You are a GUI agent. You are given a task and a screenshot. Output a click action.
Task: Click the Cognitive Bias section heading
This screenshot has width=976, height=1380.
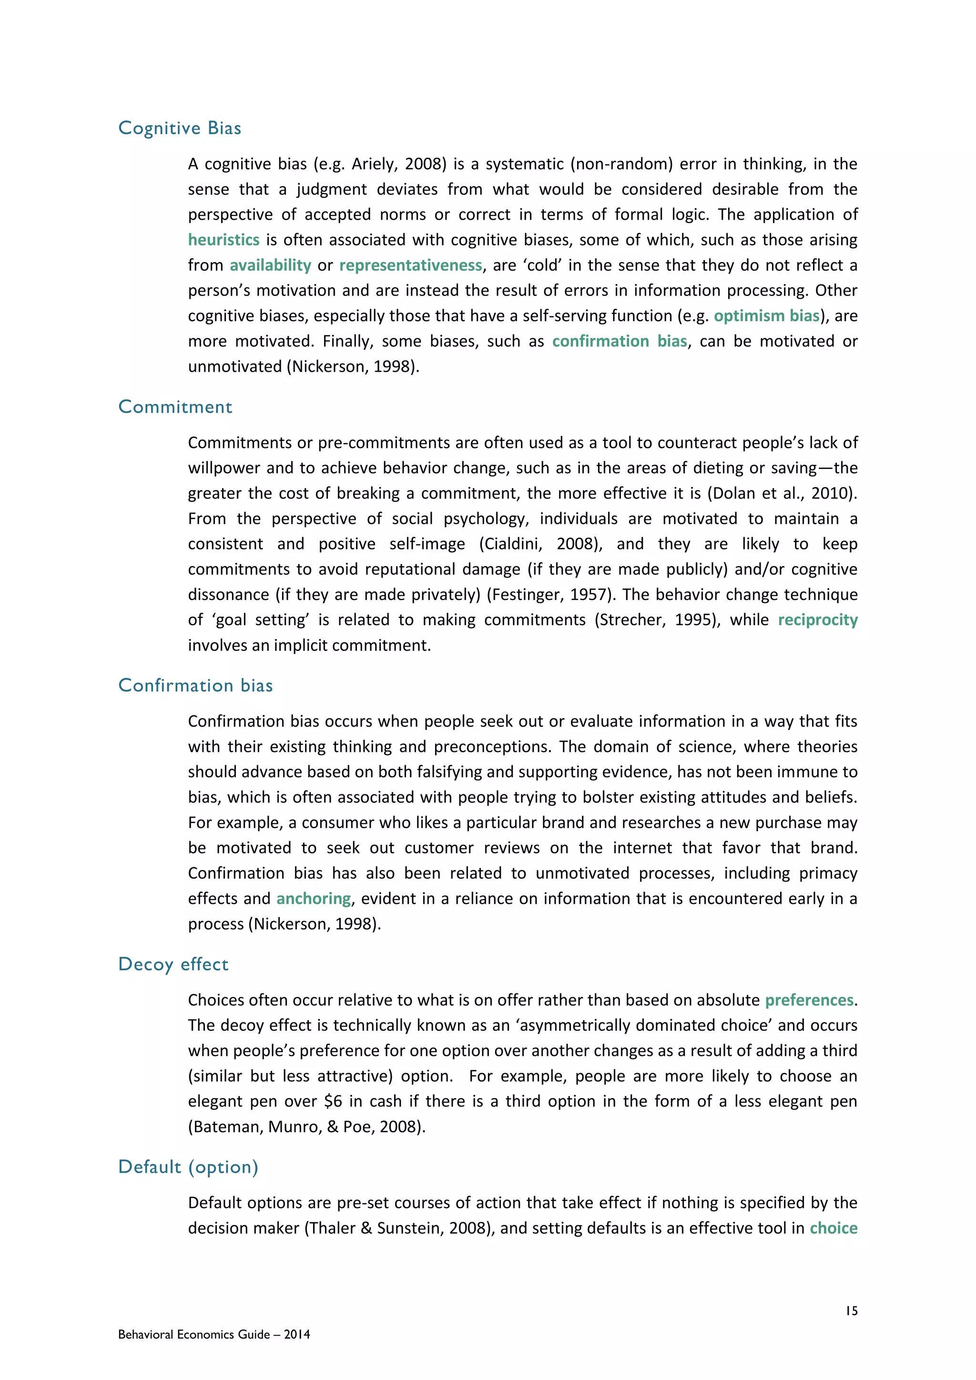[x=180, y=128]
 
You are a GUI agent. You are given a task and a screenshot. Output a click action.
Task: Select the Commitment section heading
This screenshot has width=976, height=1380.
[x=175, y=407]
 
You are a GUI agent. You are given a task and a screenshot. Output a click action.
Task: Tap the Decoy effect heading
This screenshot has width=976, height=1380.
[x=173, y=964]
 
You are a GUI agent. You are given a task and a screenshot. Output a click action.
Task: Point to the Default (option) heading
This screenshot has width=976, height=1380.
[x=188, y=1167]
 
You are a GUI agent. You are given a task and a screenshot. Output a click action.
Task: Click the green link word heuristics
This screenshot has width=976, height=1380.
[x=224, y=240]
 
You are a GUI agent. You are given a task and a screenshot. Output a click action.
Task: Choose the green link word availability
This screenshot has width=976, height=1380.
[x=270, y=265]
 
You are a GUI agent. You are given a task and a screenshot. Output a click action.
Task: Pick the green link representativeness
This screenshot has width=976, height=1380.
[x=410, y=265]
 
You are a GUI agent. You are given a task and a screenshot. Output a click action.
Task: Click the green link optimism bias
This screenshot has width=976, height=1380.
[x=767, y=315]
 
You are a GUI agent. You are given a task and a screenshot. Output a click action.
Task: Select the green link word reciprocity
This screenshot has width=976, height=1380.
[x=817, y=619]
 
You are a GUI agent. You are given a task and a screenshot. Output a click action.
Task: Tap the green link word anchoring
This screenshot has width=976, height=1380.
[x=314, y=899]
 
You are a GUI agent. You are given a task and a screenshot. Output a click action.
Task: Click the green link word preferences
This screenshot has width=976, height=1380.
[x=809, y=1000]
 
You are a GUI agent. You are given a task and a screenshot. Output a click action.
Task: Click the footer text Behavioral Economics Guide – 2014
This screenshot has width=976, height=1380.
[x=214, y=1334]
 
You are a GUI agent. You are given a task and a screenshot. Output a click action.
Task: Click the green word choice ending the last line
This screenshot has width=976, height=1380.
[x=834, y=1228]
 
